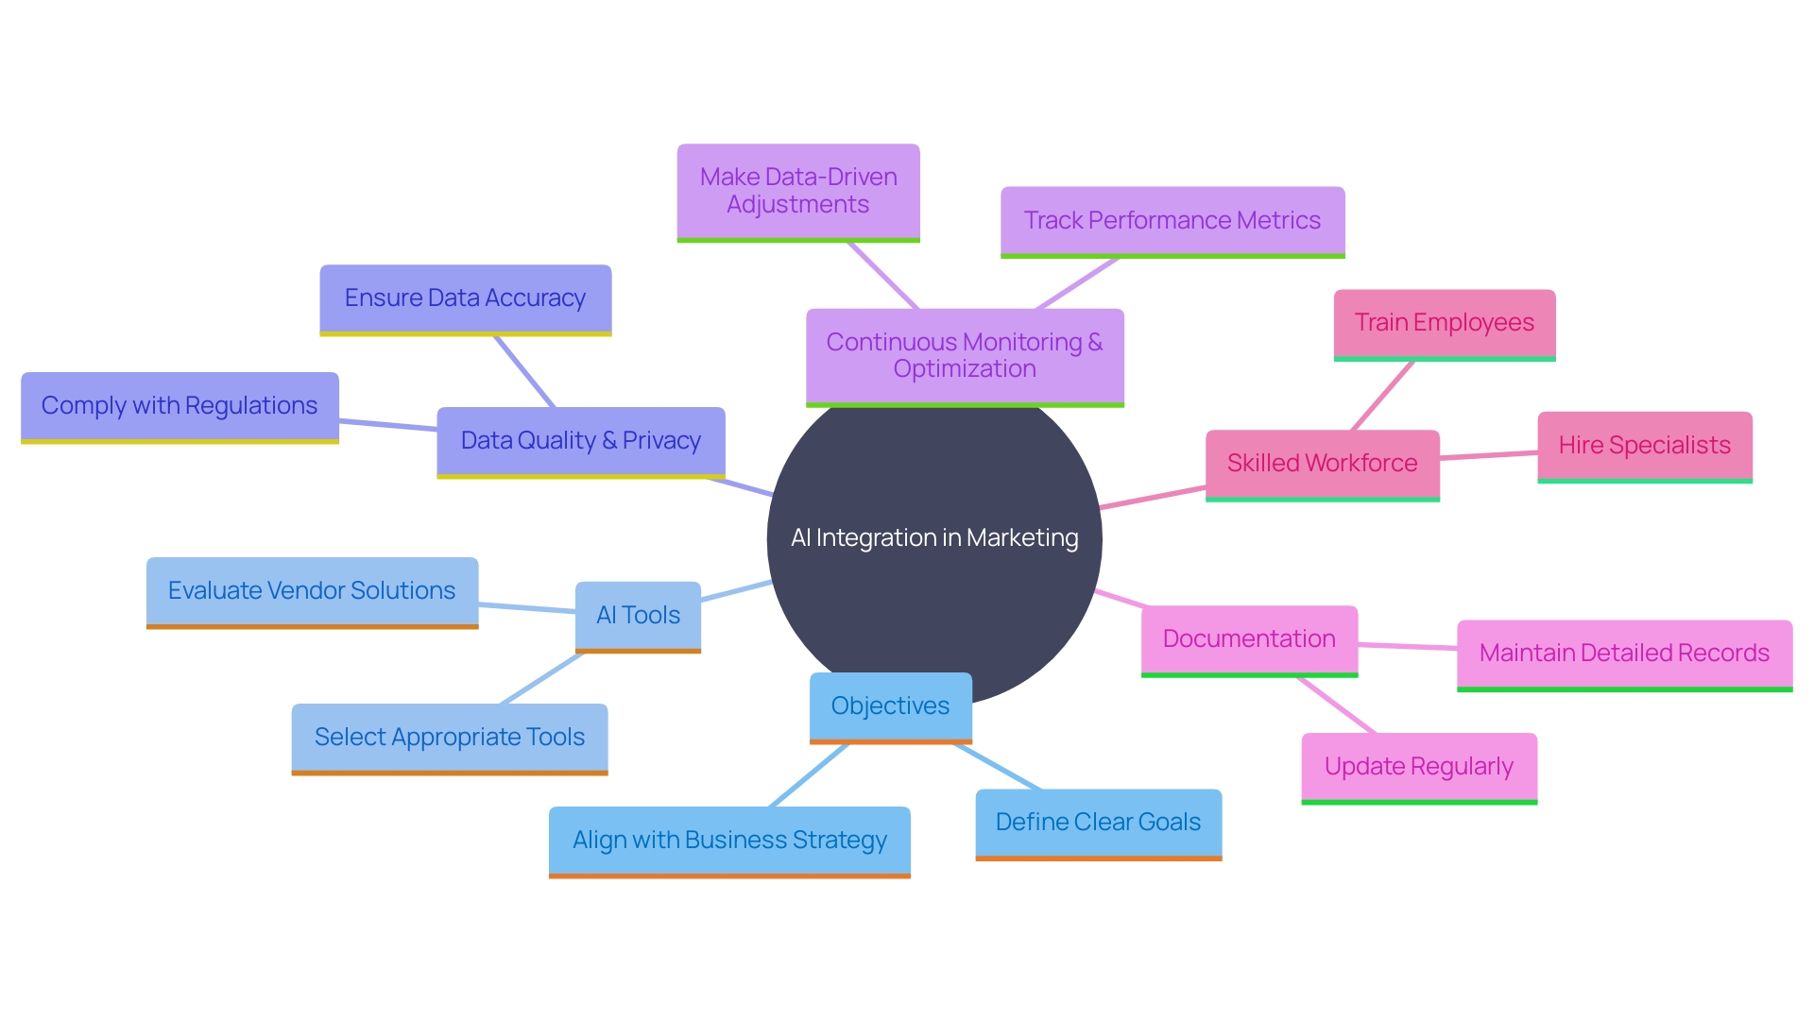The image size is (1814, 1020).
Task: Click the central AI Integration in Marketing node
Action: (933, 538)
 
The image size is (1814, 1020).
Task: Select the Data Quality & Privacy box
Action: (580, 441)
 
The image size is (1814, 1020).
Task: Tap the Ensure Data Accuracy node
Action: (465, 298)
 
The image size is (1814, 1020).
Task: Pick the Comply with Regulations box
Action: (180, 406)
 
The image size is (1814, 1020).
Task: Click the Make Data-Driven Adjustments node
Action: (798, 192)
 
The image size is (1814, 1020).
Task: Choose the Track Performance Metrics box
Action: (1172, 221)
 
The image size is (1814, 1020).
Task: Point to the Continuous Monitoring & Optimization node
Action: (965, 356)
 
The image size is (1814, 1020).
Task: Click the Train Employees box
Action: (1445, 323)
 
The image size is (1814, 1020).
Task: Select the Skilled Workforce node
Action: (1322, 464)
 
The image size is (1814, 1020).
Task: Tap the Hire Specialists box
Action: (1645, 446)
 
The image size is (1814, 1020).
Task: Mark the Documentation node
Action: (1249, 639)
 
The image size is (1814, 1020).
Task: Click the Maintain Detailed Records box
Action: (1624, 654)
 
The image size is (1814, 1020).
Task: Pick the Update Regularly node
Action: (1419, 767)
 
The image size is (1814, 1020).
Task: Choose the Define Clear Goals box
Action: (1098, 823)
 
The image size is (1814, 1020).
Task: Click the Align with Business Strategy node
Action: (729, 841)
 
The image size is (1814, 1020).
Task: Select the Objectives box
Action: (890, 706)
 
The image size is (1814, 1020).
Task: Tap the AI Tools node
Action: (638, 616)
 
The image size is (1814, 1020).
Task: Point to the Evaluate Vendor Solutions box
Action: (312, 591)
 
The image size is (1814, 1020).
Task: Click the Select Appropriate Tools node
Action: (450, 738)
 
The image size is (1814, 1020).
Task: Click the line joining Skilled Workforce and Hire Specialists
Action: (1489, 456)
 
